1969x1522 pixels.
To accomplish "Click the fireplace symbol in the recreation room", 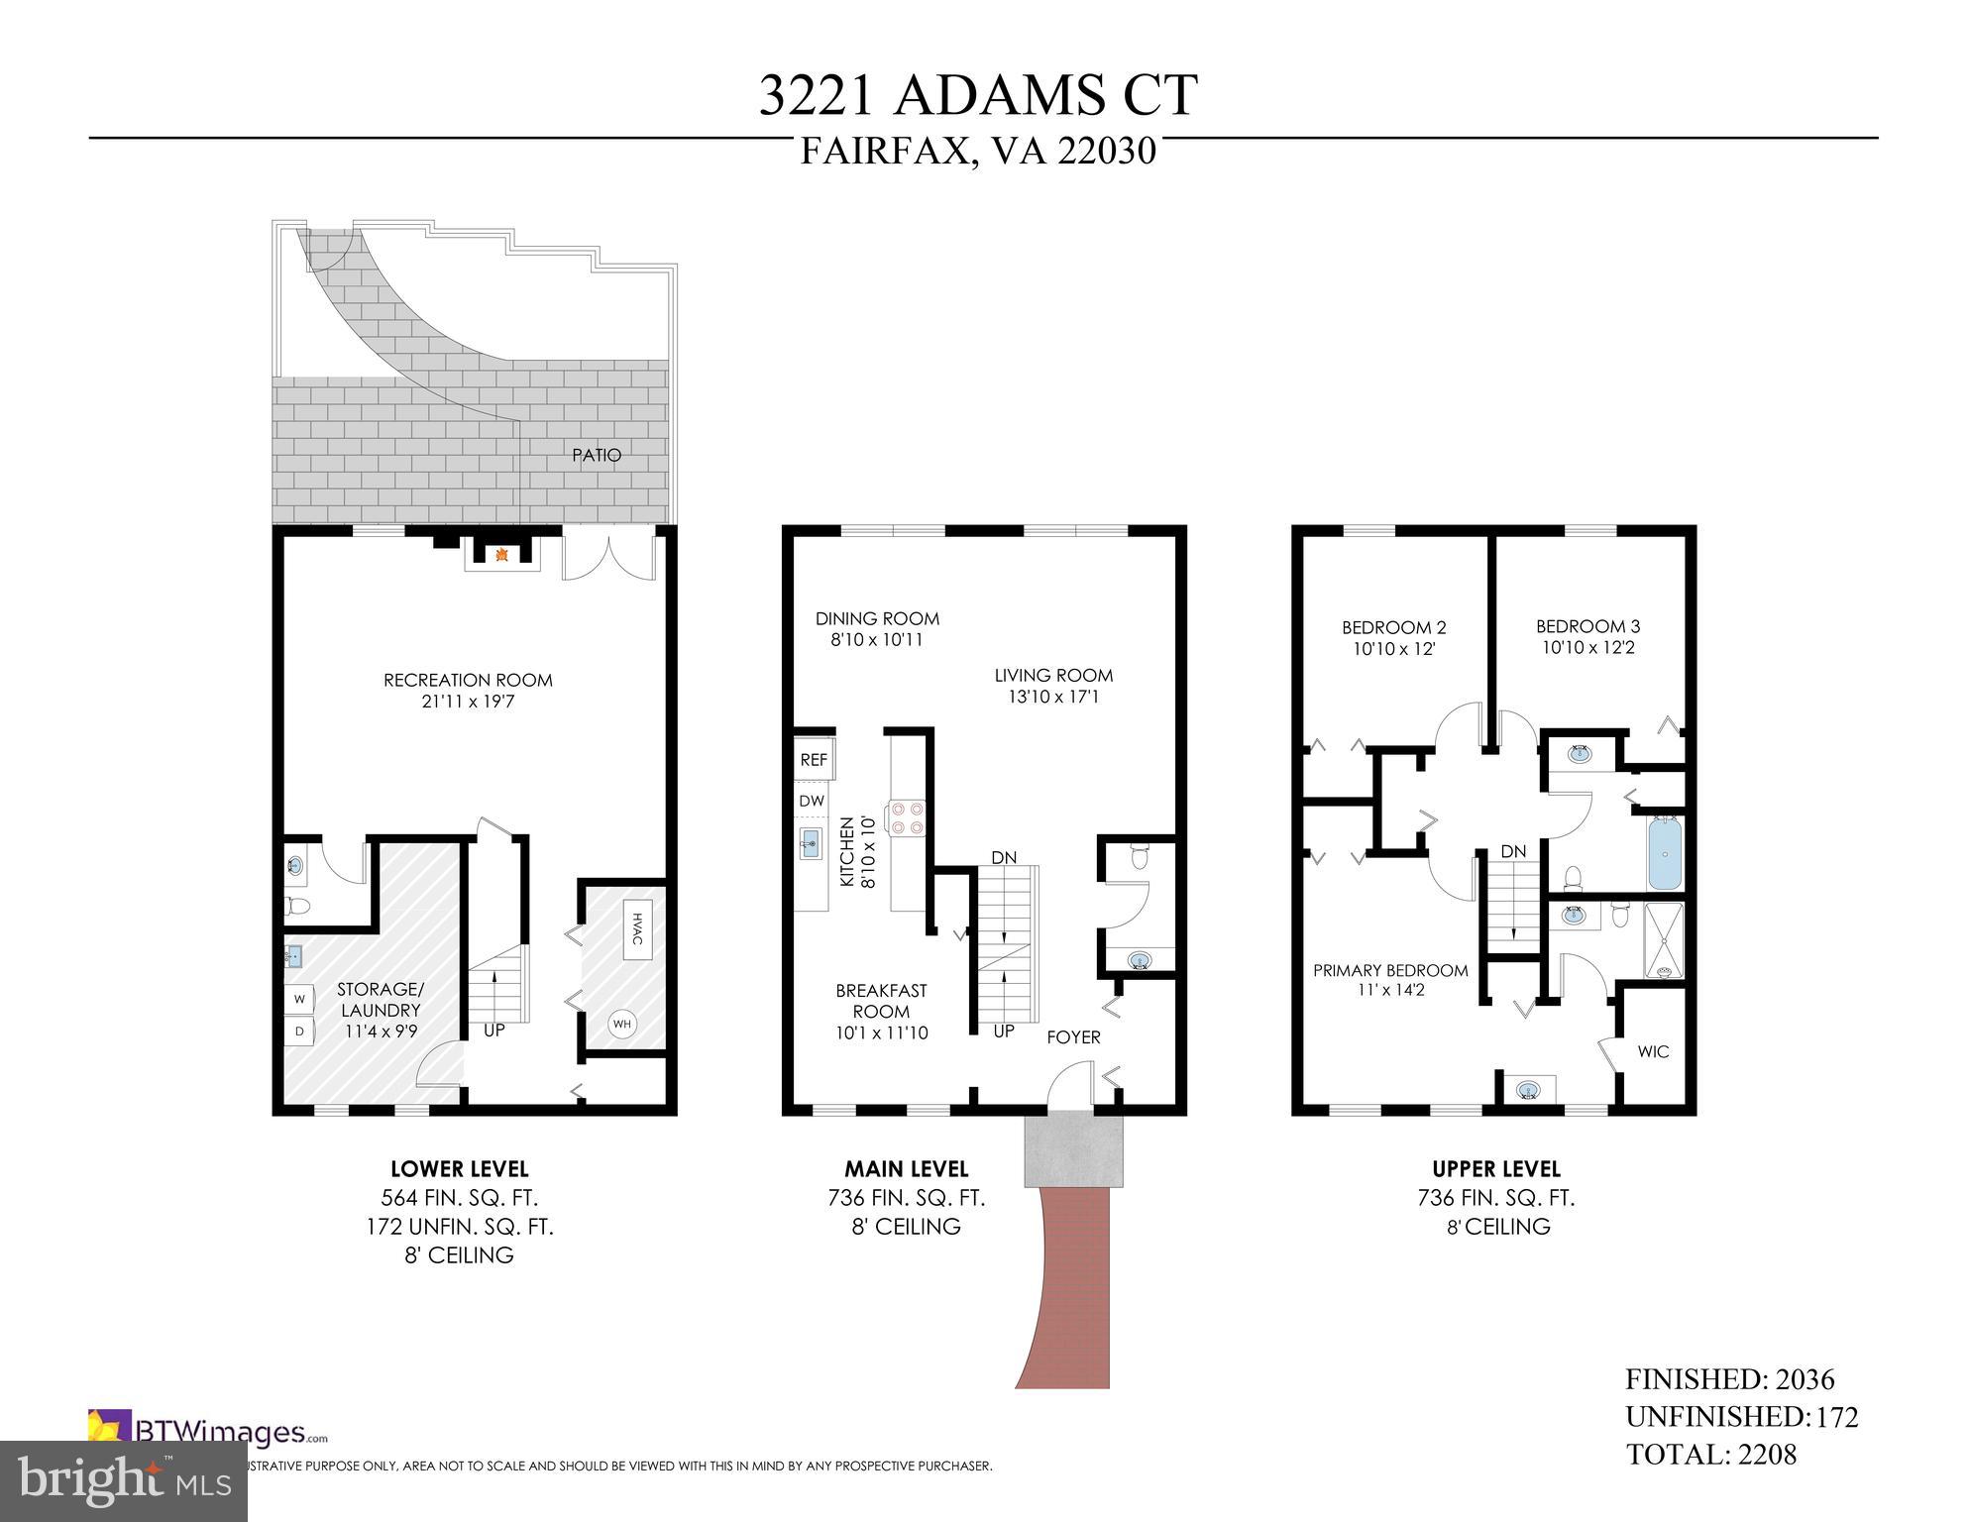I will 502,555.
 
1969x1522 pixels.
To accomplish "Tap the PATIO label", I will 597,456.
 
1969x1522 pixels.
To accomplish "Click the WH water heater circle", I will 621,1025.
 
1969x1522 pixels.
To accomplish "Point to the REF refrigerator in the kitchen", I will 814,760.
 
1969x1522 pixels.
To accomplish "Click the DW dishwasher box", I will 812,801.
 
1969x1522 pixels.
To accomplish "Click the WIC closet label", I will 1653,1051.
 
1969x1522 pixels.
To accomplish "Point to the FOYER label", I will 1073,1037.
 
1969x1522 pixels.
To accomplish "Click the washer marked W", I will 299,1000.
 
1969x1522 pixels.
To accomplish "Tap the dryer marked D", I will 299,1032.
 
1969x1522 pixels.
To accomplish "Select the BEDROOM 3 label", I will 1587,626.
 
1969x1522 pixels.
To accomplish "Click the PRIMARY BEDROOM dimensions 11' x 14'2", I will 1390,989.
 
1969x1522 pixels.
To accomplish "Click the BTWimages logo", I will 208,1432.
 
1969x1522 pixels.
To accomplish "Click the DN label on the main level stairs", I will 1004,857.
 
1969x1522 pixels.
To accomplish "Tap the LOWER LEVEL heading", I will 459,1169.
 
